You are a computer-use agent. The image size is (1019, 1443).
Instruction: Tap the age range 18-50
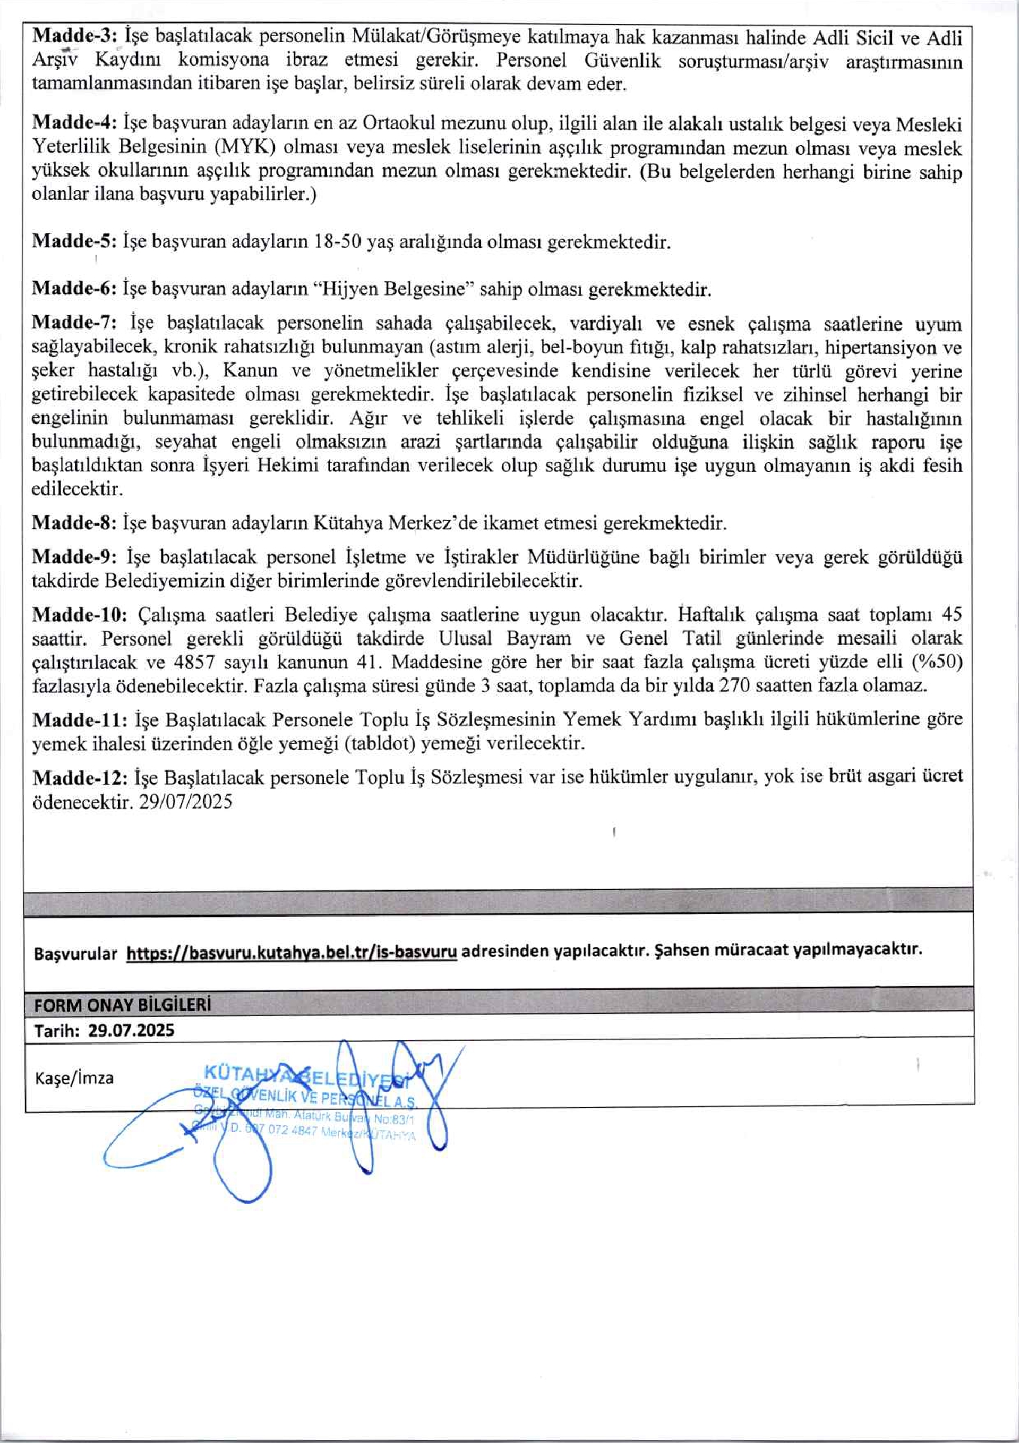tap(338, 242)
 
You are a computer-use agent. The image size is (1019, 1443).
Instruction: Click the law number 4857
tap(193, 662)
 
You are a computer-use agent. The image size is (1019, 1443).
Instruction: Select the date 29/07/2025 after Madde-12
tap(186, 802)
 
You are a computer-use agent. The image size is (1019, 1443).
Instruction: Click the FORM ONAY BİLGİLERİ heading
tap(122, 1005)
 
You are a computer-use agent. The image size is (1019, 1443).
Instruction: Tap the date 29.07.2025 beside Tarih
tap(131, 1030)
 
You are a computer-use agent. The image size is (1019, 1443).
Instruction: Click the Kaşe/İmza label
tap(74, 1078)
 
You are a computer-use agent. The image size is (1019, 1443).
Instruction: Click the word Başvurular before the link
tap(76, 954)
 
